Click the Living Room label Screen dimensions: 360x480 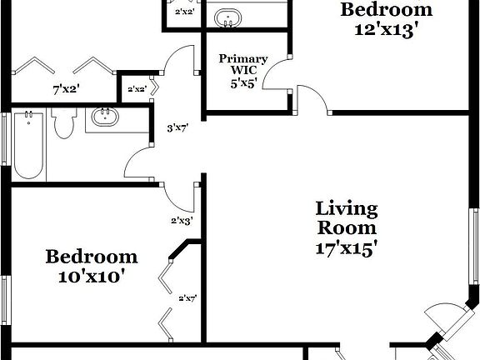pos(347,217)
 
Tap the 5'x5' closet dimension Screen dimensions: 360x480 pos(243,83)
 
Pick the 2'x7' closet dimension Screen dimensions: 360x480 pos(187,297)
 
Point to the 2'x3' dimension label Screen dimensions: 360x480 pos(182,221)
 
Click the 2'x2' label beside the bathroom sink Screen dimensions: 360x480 pos(136,89)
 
